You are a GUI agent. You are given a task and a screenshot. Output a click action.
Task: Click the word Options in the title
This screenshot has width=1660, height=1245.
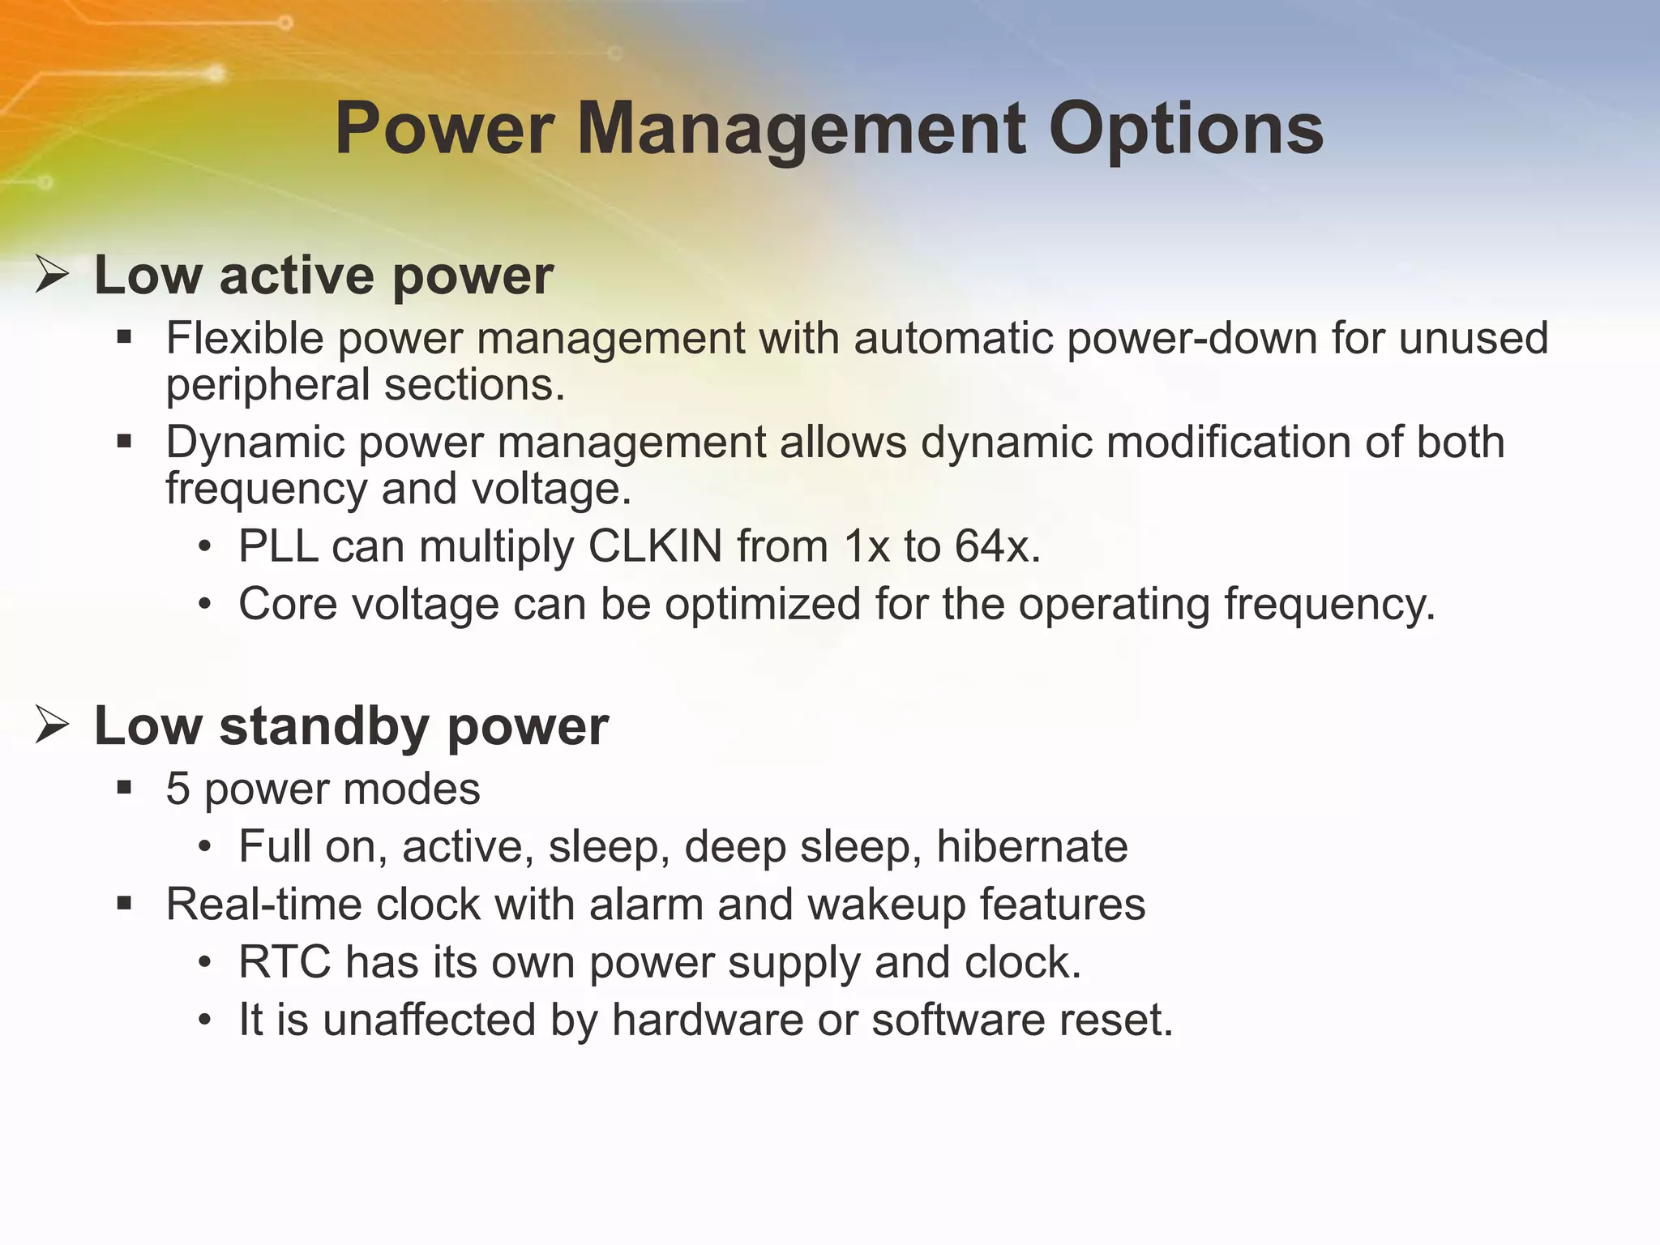[x=1186, y=130]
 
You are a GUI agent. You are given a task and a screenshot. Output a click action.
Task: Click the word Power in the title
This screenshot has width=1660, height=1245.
[x=444, y=130]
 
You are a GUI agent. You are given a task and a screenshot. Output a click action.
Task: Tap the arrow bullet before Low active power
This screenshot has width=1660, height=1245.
[x=52, y=275]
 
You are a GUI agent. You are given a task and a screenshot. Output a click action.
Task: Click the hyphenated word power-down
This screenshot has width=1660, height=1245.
[x=1192, y=338]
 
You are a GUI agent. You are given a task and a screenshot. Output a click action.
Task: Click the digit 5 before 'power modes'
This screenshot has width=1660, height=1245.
[x=178, y=789]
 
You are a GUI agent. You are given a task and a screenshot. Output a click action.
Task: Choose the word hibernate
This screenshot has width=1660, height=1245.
[x=1032, y=846]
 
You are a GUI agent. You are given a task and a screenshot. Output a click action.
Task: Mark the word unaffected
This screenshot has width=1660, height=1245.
[x=430, y=1020]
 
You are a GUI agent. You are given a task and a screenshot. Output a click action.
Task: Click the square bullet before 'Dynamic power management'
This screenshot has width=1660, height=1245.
[x=124, y=443]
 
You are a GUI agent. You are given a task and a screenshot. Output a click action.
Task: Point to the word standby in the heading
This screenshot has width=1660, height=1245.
[x=324, y=726]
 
